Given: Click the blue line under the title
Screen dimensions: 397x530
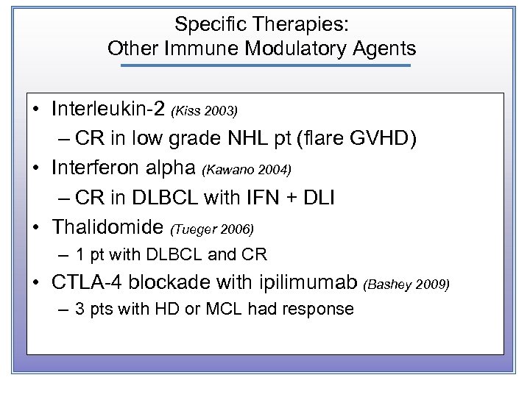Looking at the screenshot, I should tap(264, 66).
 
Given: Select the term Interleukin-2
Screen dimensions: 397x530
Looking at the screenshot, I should tap(108, 110).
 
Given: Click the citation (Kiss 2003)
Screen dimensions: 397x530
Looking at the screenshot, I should tap(204, 112).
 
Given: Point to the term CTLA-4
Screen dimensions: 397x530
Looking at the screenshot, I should tap(83, 283).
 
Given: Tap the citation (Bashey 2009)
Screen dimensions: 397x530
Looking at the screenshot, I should tap(407, 285).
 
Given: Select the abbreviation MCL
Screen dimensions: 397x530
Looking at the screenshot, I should tap(222, 310).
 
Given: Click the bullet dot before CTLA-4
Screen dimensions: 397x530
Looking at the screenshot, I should tap(37, 283).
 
